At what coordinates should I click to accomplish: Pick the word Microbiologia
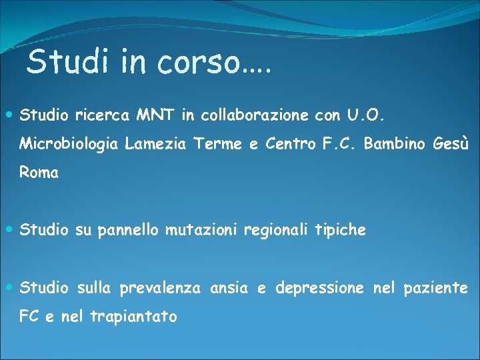click(70, 144)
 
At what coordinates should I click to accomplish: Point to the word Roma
click(39, 173)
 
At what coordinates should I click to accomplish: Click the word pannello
click(128, 230)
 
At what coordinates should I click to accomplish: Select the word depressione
click(319, 288)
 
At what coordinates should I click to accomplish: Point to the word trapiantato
click(133, 317)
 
